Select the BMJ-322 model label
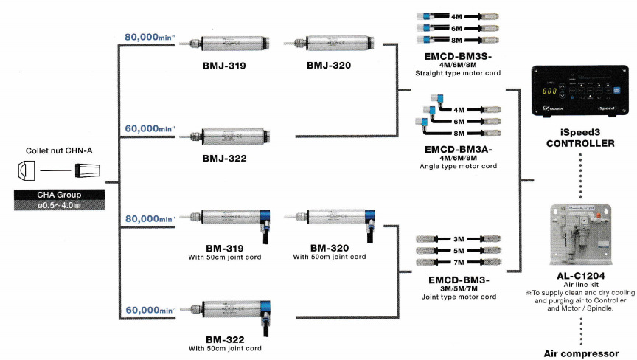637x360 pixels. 224,158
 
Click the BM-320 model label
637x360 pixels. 329,248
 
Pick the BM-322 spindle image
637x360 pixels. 229,310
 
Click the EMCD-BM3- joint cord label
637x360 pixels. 458,280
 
